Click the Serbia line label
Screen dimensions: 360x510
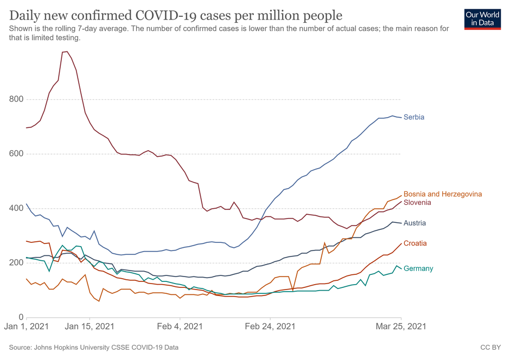pyautogui.click(x=413, y=117)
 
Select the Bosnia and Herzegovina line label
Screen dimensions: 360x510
pyautogui.click(x=442, y=194)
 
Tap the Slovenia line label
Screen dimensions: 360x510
pyautogui.click(x=417, y=203)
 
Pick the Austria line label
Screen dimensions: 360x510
pyautogui.click(x=415, y=223)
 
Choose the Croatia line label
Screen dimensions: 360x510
pyautogui.click(x=415, y=243)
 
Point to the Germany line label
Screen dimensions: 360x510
pyautogui.click(x=418, y=269)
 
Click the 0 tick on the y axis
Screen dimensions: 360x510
pyautogui.click(x=20, y=318)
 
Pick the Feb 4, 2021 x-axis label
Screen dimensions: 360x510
pyautogui.click(x=180, y=327)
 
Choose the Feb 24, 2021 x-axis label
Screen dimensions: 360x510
pyautogui.click(x=270, y=327)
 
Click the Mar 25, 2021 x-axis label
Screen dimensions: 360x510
pyautogui.click(x=402, y=327)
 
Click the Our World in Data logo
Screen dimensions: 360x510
pyautogui.click(x=482, y=18)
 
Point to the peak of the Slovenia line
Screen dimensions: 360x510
pyautogui.click(x=66, y=52)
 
